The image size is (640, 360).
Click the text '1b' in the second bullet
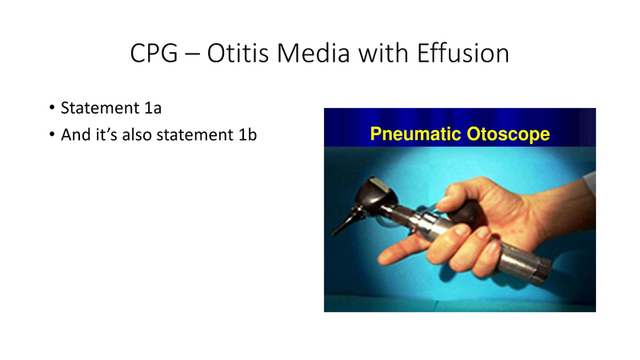246,134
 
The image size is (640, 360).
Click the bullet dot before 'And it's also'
51,134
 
